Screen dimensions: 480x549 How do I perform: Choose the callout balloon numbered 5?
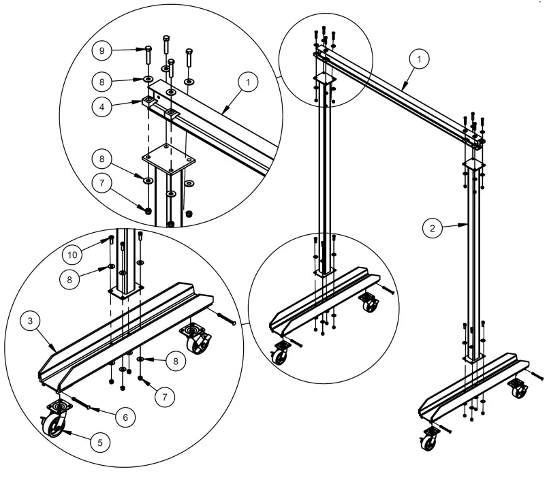point(101,442)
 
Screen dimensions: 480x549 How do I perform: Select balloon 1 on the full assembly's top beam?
point(420,60)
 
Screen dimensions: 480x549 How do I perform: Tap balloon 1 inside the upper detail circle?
point(249,82)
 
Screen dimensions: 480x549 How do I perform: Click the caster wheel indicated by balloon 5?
point(56,426)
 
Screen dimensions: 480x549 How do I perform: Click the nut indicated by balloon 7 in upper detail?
point(147,209)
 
